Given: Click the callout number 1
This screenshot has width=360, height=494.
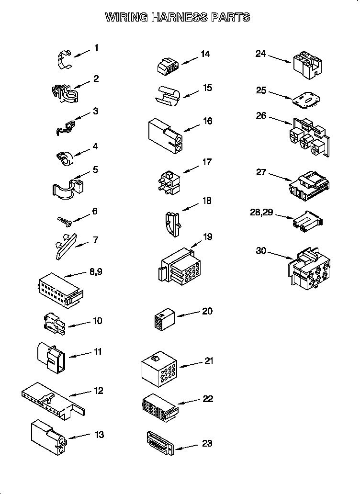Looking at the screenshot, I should [96, 48].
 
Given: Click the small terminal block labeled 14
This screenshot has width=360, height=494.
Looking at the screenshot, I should [167, 66].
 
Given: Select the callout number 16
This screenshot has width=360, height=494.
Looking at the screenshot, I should [207, 121].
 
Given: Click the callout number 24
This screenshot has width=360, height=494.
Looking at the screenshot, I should [260, 54].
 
